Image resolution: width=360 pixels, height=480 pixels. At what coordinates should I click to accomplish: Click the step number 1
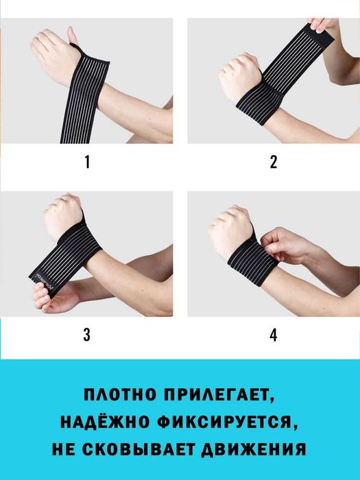click(86, 163)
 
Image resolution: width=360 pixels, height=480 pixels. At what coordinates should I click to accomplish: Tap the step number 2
click(274, 163)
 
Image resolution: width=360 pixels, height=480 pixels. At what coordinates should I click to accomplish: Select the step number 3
click(86, 335)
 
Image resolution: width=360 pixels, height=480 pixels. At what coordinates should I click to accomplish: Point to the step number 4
click(274, 335)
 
